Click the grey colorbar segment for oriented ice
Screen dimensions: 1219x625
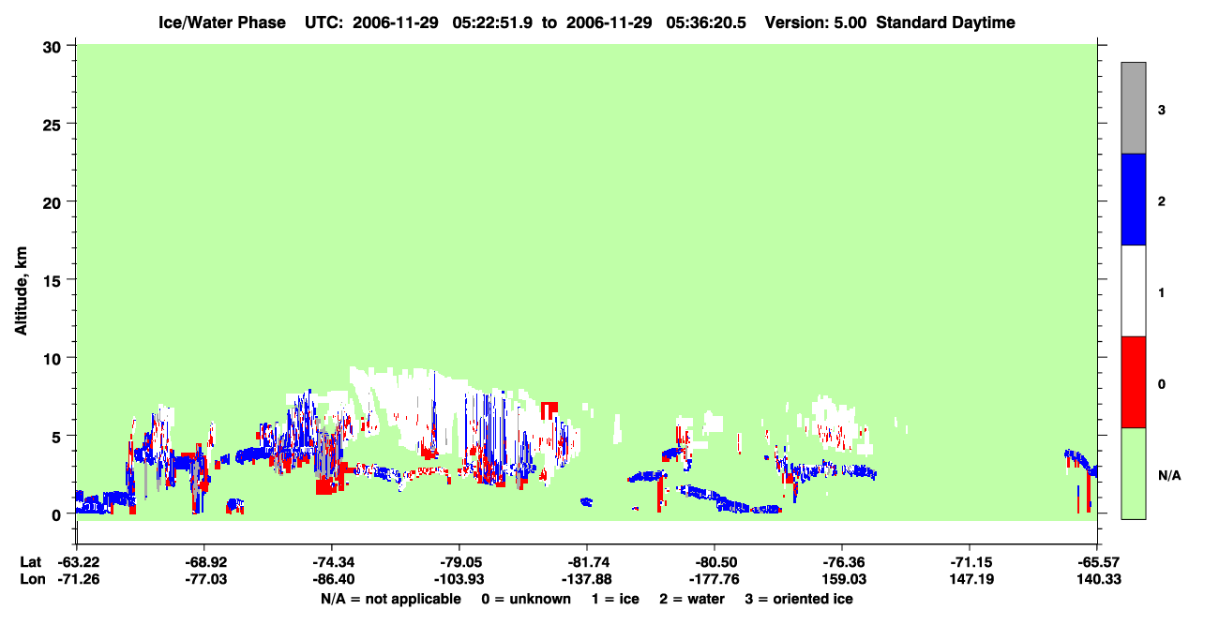tap(1133, 108)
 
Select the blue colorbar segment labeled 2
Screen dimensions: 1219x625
tap(1133, 199)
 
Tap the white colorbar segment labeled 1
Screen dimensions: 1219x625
tap(1133, 291)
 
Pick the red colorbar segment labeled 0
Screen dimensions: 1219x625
tap(1133, 382)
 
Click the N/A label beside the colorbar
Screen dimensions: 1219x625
tap(1169, 476)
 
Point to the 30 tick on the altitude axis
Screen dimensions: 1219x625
tap(52, 48)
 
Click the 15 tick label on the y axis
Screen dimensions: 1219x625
tap(52, 279)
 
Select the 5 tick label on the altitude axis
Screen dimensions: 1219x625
tap(56, 437)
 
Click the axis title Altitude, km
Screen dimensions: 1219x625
tap(21, 290)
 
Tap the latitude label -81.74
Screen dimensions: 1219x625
tap(588, 562)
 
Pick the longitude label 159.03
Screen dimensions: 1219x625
tap(844, 579)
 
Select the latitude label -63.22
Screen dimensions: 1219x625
tap(79, 562)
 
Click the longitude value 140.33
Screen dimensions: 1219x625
tap(1099, 579)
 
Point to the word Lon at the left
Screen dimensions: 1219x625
tap(33, 579)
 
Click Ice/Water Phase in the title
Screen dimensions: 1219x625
tap(222, 22)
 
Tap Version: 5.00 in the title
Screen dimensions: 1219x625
tap(816, 22)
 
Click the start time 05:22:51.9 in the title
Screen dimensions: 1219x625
tap(492, 22)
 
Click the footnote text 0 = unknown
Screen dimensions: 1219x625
tap(526, 599)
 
